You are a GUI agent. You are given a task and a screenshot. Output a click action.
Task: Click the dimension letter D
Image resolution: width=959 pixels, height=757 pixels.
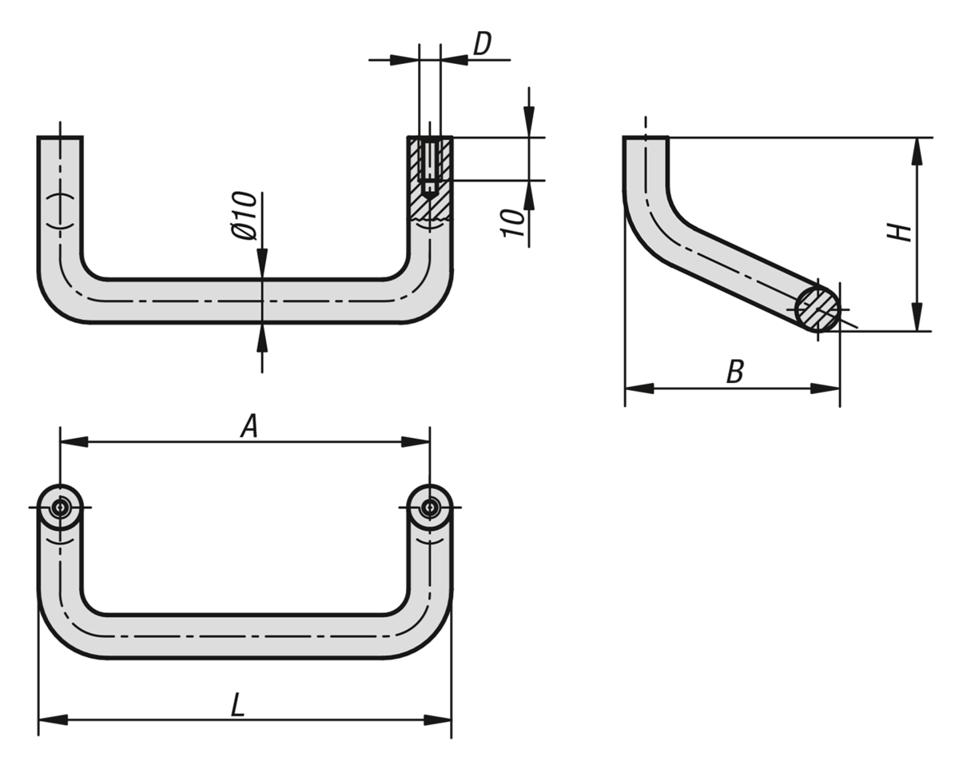click(483, 45)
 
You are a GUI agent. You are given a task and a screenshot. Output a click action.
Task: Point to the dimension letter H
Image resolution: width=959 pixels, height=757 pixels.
click(901, 232)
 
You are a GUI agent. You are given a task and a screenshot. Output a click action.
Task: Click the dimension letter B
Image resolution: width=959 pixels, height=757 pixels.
click(735, 371)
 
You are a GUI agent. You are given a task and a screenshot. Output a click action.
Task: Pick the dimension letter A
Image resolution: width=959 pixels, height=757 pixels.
click(249, 428)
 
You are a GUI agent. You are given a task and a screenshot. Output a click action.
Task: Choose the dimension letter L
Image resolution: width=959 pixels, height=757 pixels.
click(237, 705)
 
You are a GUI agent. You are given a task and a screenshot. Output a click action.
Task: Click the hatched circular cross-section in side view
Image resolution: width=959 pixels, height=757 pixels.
click(818, 308)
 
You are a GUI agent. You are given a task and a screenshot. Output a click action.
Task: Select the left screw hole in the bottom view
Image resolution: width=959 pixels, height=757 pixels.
click(60, 508)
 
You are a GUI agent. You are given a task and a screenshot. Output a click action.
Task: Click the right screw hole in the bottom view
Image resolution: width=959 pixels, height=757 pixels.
click(430, 508)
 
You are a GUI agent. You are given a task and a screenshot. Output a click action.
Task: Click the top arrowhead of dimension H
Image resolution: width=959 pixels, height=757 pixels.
click(917, 151)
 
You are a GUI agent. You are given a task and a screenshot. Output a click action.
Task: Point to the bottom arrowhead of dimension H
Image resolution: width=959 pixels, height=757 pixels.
click(917, 317)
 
